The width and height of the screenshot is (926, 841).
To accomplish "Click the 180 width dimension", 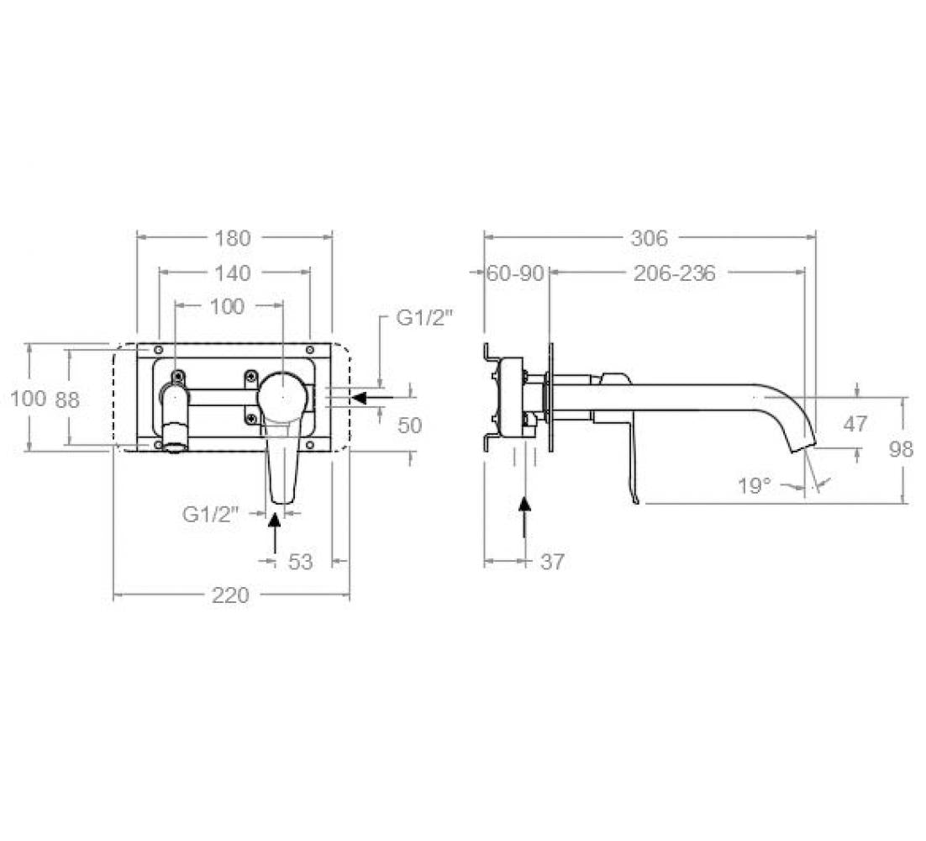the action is pyautogui.click(x=233, y=238).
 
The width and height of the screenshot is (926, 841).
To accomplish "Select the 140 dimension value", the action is pyautogui.click(x=233, y=273).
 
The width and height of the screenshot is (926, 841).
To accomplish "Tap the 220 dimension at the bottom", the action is pyautogui.click(x=230, y=595).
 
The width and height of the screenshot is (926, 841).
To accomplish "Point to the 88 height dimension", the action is pyautogui.click(x=67, y=400).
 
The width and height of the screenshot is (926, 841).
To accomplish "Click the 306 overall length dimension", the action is pyautogui.click(x=649, y=238).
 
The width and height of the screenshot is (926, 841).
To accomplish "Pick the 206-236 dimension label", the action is pyautogui.click(x=675, y=273).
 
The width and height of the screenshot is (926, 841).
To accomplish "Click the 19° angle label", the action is pyautogui.click(x=755, y=486).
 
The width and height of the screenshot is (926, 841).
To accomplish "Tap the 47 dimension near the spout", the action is pyautogui.click(x=855, y=424).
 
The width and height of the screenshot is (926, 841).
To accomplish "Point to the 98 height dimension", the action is pyautogui.click(x=901, y=449).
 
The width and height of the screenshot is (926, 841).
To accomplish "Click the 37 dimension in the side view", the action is pyautogui.click(x=552, y=562).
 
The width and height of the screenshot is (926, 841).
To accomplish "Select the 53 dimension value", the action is pyautogui.click(x=300, y=562).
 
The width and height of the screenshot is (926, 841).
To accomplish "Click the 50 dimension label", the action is pyautogui.click(x=410, y=426).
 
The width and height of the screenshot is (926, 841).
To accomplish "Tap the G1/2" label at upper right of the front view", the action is pyautogui.click(x=424, y=318).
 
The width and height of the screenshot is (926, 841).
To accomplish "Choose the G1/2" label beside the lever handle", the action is pyautogui.click(x=210, y=514).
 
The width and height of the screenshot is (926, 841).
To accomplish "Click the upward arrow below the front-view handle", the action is pyautogui.click(x=275, y=532).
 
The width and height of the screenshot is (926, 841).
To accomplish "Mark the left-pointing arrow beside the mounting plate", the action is pyautogui.click(x=372, y=398).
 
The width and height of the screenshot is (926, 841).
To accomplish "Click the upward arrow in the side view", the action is pyautogui.click(x=524, y=517).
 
